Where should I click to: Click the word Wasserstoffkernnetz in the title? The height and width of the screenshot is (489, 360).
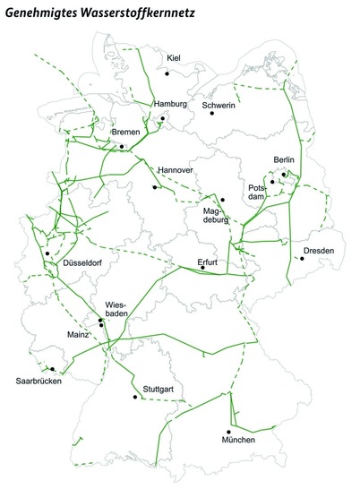(134, 13)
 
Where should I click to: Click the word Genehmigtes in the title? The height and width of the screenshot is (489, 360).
(40, 13)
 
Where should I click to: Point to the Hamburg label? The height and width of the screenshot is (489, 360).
(169, 104)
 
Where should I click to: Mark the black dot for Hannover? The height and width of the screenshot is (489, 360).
(155, 188)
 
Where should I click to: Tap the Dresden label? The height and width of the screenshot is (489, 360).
(320, 250)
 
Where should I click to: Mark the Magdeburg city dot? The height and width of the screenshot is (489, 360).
(222, 200)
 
